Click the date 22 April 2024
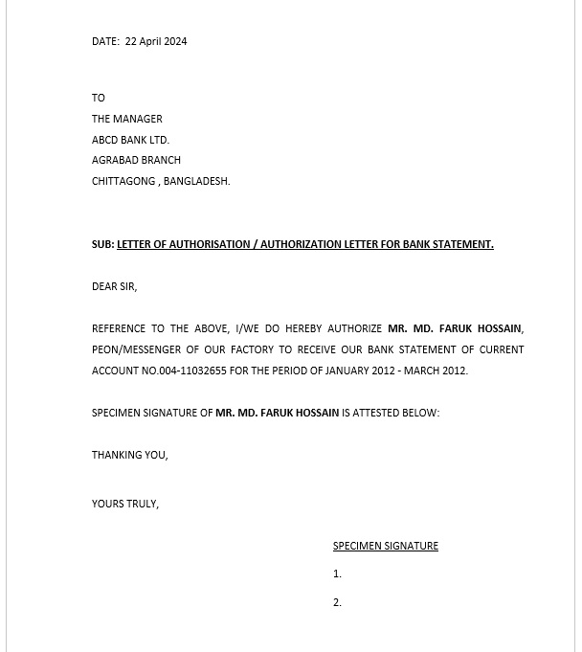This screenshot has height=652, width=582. point(156,41)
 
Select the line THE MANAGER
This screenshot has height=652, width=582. point(127,119)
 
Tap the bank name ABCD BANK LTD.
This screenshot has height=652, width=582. point(130,140)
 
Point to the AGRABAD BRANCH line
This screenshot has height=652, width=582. point(136,160)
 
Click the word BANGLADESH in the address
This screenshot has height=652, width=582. point(196,181)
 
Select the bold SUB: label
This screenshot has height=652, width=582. point(102,244)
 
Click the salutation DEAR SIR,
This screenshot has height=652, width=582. point(114,286)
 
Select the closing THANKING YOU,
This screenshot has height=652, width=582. point(129,455)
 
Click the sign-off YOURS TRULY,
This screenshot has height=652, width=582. point(125,504)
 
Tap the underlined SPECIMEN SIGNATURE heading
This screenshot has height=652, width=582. point(386,546)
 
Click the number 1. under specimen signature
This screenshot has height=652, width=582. point(337,573)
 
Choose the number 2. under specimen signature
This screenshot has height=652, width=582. point(337,602)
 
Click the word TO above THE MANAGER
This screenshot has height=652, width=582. point(99,98)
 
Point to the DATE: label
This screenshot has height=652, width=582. point(105,41)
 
